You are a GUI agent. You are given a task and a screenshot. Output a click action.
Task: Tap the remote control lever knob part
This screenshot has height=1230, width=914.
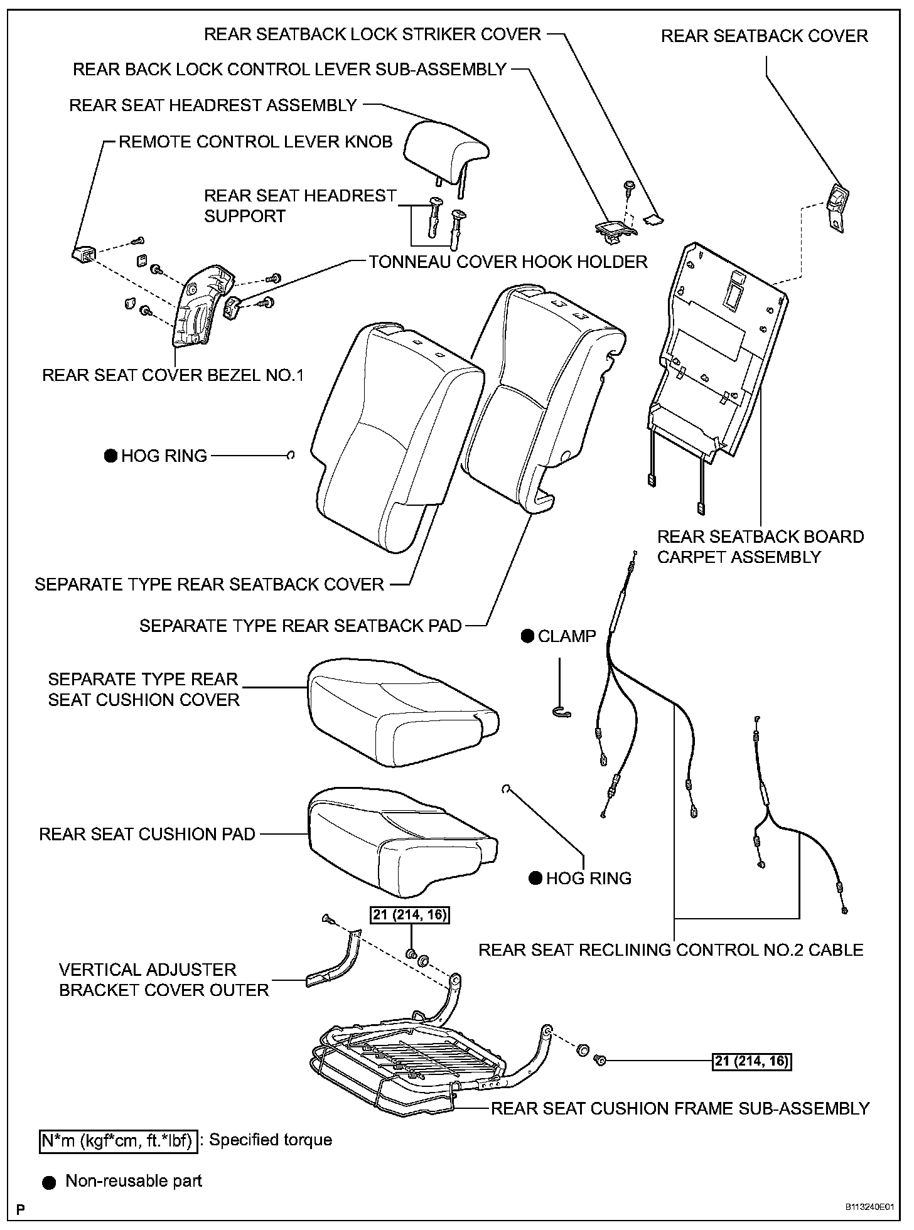(83, 254)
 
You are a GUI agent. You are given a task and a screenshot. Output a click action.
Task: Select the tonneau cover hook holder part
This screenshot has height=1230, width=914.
(233, 308)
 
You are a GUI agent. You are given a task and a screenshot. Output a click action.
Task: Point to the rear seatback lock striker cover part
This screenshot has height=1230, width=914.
(654, 219)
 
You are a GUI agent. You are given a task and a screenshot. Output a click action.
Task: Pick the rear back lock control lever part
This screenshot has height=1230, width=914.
(613, 229)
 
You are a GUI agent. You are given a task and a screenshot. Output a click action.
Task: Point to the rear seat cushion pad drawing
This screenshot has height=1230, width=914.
(402, 841)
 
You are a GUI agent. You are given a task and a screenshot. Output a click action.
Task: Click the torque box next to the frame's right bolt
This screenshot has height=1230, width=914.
(752, 1061)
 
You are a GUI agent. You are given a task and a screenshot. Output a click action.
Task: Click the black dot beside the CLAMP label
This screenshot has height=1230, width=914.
(528, 636)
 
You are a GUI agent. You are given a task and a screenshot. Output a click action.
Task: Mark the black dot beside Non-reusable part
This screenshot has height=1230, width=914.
(49, 1182)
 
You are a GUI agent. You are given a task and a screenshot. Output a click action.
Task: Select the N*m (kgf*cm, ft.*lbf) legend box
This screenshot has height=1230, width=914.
(118, 1140)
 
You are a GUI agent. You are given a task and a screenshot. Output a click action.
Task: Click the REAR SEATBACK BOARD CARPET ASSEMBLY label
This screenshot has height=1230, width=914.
(760, 547)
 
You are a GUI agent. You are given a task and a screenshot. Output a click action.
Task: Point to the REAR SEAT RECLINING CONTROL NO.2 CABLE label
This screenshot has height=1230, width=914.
(670, 949)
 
